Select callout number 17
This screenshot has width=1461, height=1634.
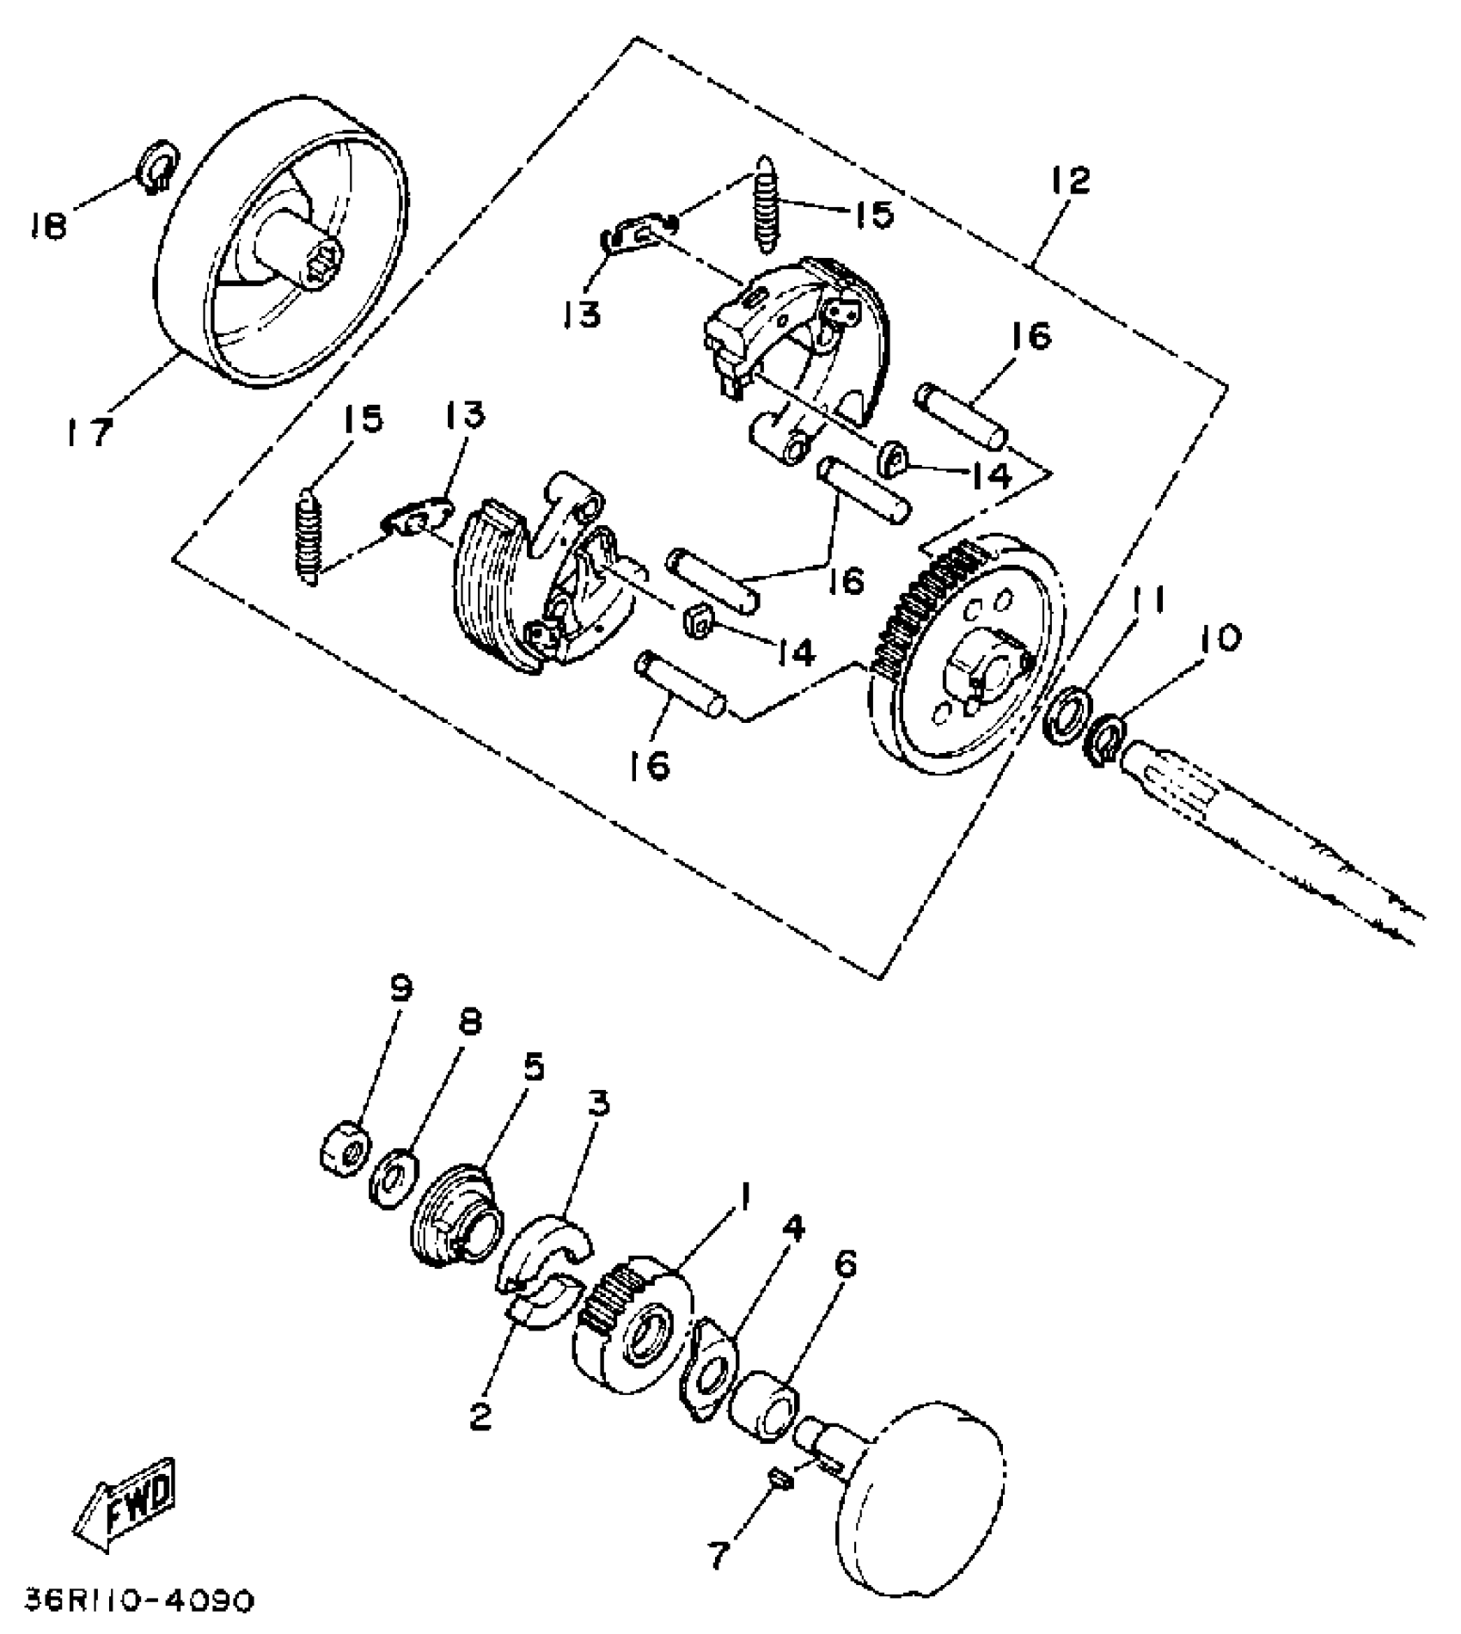[x=90, y=431]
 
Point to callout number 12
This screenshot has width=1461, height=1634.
[x=1069, y=180]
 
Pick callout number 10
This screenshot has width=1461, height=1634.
[x=1217, y=639]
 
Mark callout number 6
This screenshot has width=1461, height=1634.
[x=846, y=1266]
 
